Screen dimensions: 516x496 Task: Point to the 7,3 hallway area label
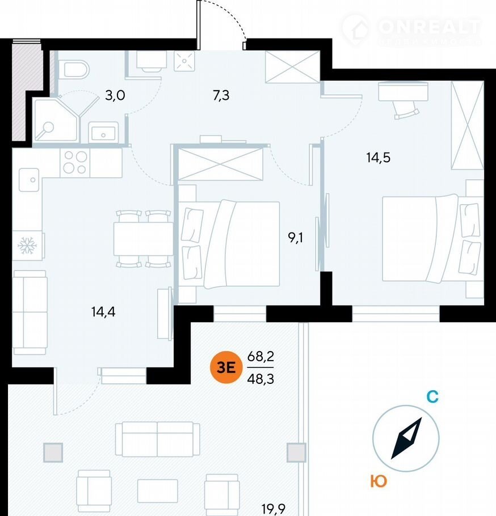[221, 95]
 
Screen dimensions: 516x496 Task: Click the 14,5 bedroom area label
[379, 158]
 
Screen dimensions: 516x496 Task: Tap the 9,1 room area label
[296, 238]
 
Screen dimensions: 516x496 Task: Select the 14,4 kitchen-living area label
[103, 311]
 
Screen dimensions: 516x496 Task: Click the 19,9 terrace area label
[273, 509]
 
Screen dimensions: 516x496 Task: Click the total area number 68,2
[260, 357]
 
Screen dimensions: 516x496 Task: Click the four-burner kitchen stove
[75, 163]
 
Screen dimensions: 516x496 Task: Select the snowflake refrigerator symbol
[26, 246]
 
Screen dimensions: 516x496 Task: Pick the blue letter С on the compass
[432, 397]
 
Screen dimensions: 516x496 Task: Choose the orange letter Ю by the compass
[379, 481]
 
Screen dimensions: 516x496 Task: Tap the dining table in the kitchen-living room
[143, 239]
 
